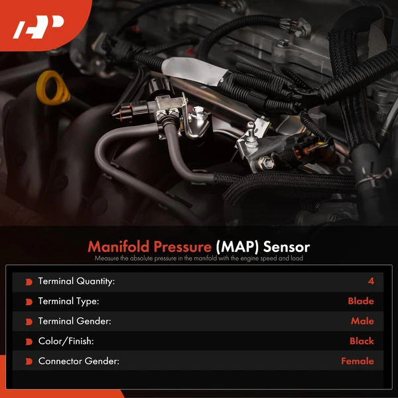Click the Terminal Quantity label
[76, 281]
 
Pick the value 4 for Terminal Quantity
[371, 281]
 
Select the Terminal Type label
[68, 301]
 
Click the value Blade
[361, 301]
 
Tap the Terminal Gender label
[74, 321]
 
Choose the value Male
[362, 321]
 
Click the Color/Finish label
[66, 342]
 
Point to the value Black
[362, 342]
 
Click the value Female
[358, 362]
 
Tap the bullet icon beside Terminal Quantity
[29, 282]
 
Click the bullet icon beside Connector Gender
[29, 362]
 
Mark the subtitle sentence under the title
[199, 258]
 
